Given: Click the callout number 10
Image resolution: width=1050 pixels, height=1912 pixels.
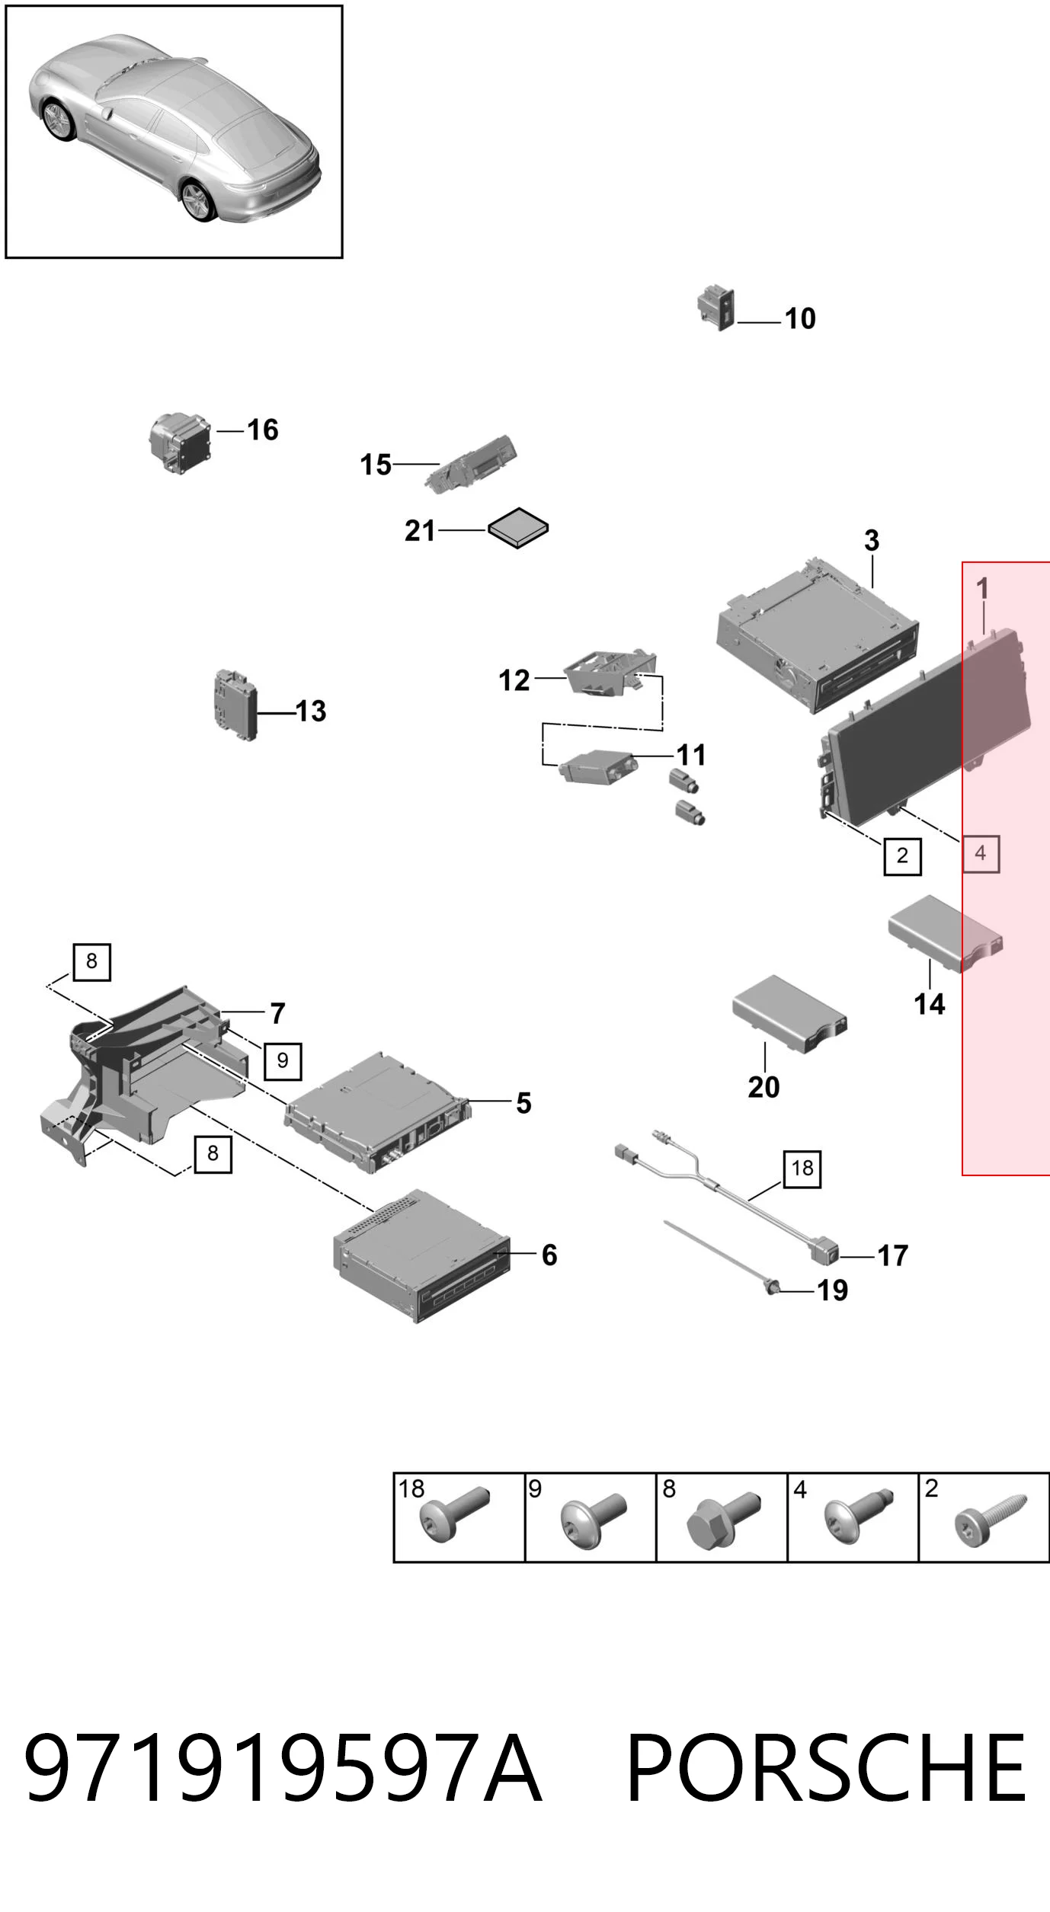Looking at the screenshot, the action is tap(800, 318).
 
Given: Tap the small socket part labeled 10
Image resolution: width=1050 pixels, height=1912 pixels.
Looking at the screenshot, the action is tap(716, 308).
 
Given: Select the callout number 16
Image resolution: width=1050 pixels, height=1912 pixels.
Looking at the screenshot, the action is tap(263, 430).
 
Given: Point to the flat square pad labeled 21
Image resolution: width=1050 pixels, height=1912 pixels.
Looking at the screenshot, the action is tap(518, 528).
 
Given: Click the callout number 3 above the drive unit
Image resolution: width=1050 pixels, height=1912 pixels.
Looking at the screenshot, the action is tap(872, 541).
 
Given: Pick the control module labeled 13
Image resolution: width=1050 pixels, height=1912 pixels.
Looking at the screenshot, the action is tap(235, 705).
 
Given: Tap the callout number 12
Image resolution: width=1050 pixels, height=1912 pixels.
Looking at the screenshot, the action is tap(514, 680).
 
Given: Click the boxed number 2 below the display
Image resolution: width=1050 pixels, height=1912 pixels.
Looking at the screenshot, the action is tap(902, 855).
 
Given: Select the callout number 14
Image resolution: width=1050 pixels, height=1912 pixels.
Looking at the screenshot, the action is tap(930, 1004).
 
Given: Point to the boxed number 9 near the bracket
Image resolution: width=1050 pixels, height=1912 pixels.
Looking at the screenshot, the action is tap(283, 1061).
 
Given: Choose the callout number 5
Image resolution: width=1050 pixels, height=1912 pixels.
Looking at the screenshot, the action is tap(523, 1103).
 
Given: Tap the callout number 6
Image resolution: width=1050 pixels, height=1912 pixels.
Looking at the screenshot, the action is tap(549, 1255).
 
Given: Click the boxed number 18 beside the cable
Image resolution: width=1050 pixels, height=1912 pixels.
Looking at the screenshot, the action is tap(802, 1169).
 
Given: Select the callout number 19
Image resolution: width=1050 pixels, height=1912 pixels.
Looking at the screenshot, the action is tap(832, 1290).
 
